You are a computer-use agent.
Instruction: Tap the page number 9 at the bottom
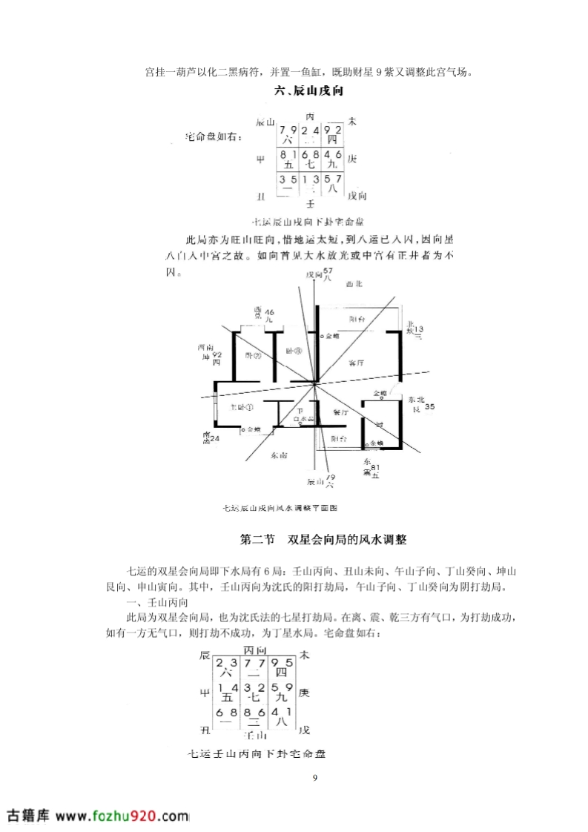point(315,777)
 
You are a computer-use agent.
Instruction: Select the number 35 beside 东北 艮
point(429,406)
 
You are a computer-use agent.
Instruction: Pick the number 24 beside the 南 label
point(215,439)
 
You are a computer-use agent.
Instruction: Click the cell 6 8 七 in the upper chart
point(311,159)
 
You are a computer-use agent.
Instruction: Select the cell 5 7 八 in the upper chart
point(333,184)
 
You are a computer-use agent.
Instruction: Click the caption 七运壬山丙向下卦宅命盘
point(257,753)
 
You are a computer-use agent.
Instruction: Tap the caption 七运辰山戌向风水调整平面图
point(280,508)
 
